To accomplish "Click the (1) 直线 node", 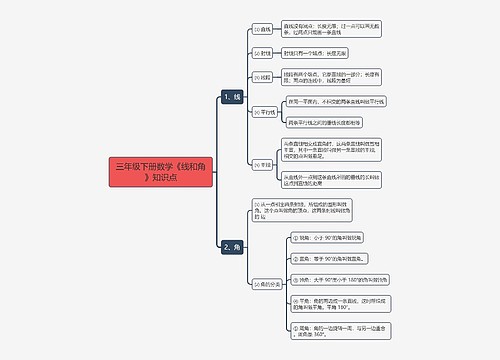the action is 262,30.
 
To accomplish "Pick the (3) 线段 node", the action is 262,77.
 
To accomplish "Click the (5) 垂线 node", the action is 262,164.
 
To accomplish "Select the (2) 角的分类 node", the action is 269,283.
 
